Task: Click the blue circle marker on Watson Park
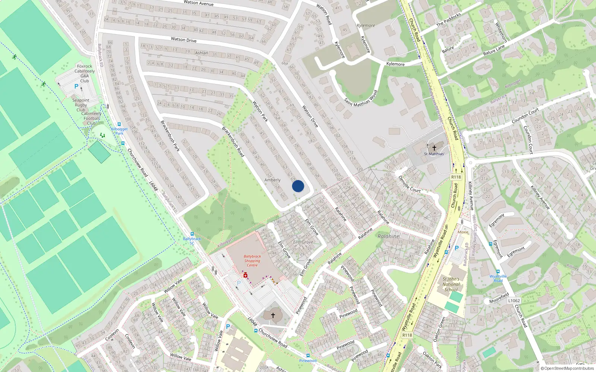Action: [298, 186]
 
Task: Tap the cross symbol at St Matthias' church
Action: [434, 148]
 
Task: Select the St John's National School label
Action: [451, 284]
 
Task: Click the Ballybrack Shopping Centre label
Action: [252, 261]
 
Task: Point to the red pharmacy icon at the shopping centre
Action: [245, 275]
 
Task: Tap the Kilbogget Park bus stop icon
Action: [119, 125]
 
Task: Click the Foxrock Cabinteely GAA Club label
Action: [85, 73]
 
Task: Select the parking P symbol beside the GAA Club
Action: [76, 86]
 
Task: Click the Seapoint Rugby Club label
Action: [81, 105]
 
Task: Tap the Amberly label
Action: [272, 180]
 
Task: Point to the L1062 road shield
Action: [514, 301]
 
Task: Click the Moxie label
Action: [463, 232]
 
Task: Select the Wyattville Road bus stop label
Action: [498, 278]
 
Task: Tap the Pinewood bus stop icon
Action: [308, 356]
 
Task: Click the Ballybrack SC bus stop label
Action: [192, 241]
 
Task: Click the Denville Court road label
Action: [409, 185]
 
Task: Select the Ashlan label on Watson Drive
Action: [202, 53]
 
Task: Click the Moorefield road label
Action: [499, 298]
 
